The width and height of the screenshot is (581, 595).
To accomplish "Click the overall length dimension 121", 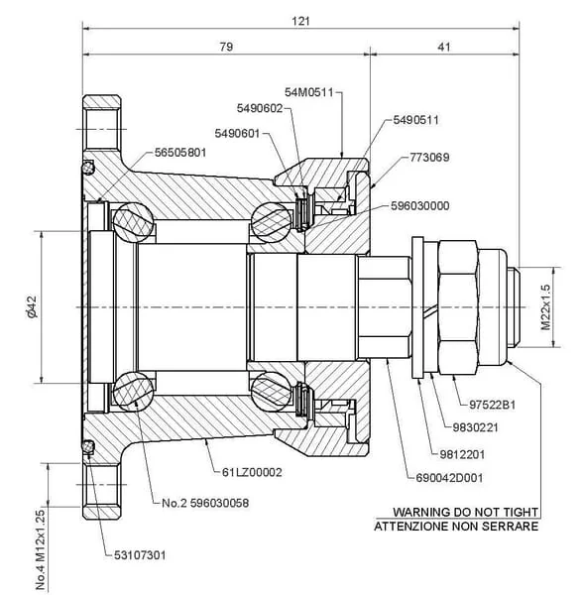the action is (300, 21).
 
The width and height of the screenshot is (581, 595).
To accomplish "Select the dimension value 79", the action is (226, 47).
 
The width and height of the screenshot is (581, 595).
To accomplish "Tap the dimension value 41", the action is (444, 47).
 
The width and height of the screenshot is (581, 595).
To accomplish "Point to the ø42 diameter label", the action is (32, 306).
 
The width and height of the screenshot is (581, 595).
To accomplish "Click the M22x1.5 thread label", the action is (545, 307).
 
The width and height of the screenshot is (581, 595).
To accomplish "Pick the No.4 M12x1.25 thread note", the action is (41, 549).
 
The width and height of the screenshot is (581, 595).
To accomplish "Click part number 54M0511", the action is (309, 92).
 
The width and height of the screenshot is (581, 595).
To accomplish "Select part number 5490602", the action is (260, 108).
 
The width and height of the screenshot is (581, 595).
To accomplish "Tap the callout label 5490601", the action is (237, 134).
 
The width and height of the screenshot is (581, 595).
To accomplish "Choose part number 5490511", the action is (416, 120).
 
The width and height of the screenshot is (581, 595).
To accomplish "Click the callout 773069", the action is (429, 157).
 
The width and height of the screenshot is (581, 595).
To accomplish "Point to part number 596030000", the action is (420, 205).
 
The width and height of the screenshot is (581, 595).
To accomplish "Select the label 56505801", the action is (180, 153).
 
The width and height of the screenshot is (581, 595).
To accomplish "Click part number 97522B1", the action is (492, 405).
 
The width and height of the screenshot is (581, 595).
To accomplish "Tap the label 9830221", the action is (475, 427).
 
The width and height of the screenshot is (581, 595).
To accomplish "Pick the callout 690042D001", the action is (449, 478).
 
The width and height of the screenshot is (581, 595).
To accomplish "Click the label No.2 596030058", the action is (205, 503).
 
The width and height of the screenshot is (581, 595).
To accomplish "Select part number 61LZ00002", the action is (252, 472).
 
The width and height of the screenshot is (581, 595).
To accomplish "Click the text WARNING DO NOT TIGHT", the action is (466, 513).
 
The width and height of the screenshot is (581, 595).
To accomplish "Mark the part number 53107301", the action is (140, 555).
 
